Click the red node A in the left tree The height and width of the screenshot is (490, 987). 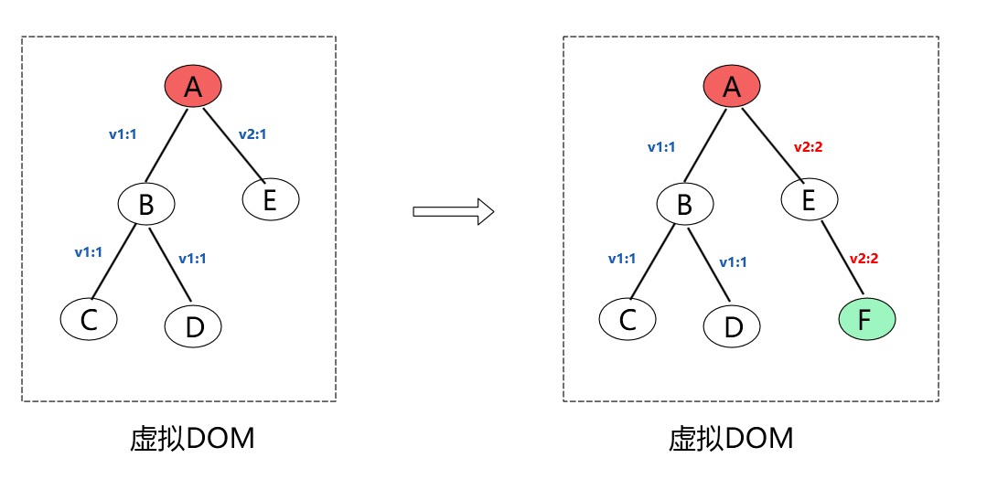point(193,87)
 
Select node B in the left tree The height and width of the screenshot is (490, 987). point(146,204)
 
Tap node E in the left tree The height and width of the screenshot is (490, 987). point(271,199)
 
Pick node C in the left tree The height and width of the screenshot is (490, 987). point(89,319)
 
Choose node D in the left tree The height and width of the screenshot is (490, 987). point(193,325)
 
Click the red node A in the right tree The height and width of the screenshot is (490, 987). point(731,87)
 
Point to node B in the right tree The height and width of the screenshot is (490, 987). point(684,204)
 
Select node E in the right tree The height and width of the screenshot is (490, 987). point(809,199)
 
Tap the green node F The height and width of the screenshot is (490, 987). point(866,319)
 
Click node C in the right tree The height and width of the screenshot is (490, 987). point(628,319)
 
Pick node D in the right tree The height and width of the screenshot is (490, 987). point(732,325)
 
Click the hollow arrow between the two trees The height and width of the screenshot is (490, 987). point(453,212)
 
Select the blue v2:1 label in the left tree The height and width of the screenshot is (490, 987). point(252,134)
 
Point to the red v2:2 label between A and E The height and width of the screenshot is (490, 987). point(809,146)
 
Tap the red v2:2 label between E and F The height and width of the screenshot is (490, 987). point(864,259)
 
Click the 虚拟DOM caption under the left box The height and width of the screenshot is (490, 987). point(192,440)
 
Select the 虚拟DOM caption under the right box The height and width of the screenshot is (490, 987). point(731,440)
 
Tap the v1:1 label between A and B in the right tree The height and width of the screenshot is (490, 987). point(661,146)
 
